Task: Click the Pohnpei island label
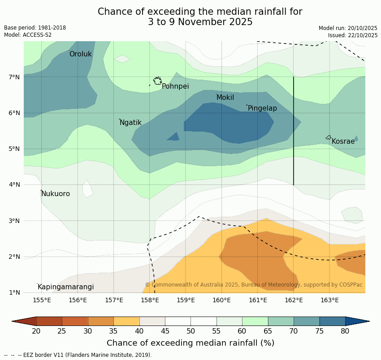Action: (x=175, y=86)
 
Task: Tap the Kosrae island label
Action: (x=343, y=141)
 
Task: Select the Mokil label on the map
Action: (x=225, y=98)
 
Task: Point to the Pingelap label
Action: (x=262, y=108)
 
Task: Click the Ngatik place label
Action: (x=130, y=123)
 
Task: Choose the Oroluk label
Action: (x=81, y=54)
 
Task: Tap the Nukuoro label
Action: (x=56, y=194)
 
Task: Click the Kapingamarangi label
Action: (x=65, y=287)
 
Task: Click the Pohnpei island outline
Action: (x=157, y=81)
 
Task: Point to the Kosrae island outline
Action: (x=329, y=137)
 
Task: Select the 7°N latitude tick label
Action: (x=14, y=77)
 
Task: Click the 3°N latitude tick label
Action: (x=14, y=221)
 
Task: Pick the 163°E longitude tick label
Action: (x=329, y=300)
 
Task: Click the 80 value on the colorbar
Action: (x=345, y=331)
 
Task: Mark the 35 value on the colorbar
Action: (x=114, y=331)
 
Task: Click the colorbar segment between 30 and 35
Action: (x=101, y=321)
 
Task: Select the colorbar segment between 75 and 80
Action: (x=332, y=321)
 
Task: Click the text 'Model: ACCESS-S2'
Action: (x=28, y=35)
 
